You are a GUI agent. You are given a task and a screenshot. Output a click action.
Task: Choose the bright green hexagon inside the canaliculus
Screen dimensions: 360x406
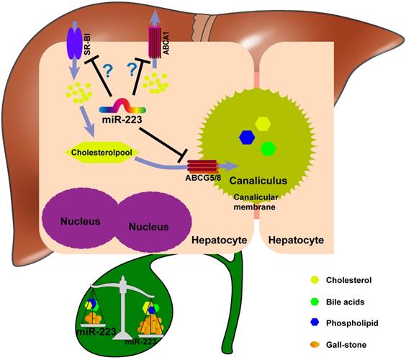(268, 148)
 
